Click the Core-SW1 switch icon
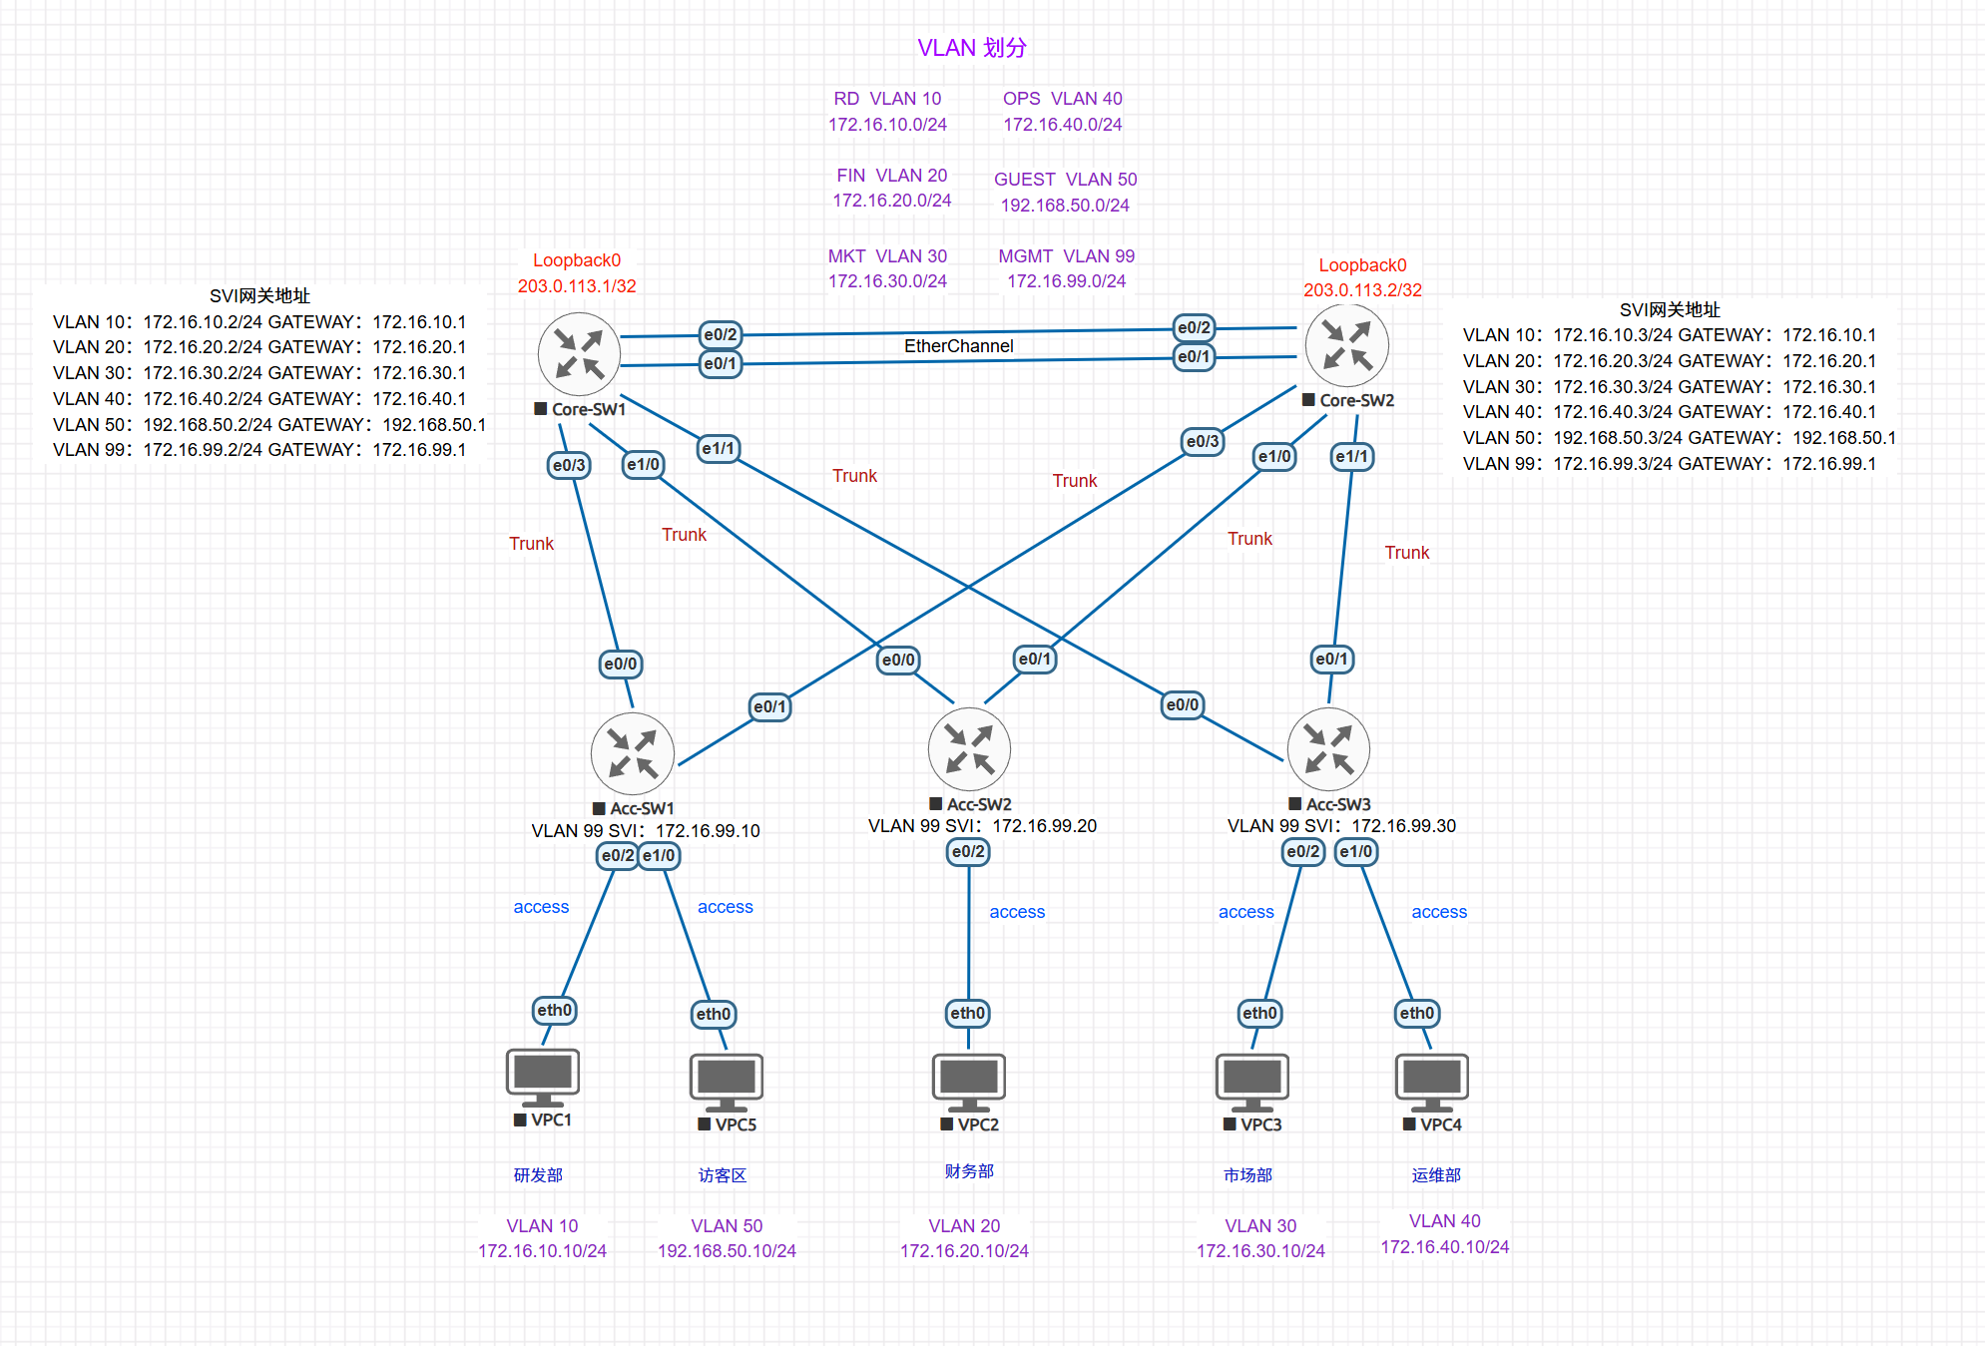(x=579, y=354)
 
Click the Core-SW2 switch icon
(x=1346, y=345)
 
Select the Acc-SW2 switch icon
(x=968, y=748)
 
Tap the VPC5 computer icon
(x=726, y=1082)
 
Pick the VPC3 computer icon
(x=1251, y=1082)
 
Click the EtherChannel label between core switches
(x=958, y=346)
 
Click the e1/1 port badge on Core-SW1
(x=718, y=449)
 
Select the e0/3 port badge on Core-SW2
(x=1202, y=441)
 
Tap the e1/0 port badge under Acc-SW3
(x=1355, y=852)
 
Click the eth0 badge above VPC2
(x=967, y=1014)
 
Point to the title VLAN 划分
(x=971, y=48)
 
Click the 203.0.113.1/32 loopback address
(x=576, y=286)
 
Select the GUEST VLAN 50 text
(x=1065, y=180)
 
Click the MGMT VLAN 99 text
(x=1066, y=256)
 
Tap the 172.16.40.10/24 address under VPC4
(x=1444, y=1247)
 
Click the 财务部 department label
(x=968, y=1171)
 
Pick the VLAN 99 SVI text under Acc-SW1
(x=645, y=831)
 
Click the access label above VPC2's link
(x=1017, y=912)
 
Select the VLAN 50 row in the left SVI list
(x=268, y=425)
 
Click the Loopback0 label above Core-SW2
(x=1362, y=265)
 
